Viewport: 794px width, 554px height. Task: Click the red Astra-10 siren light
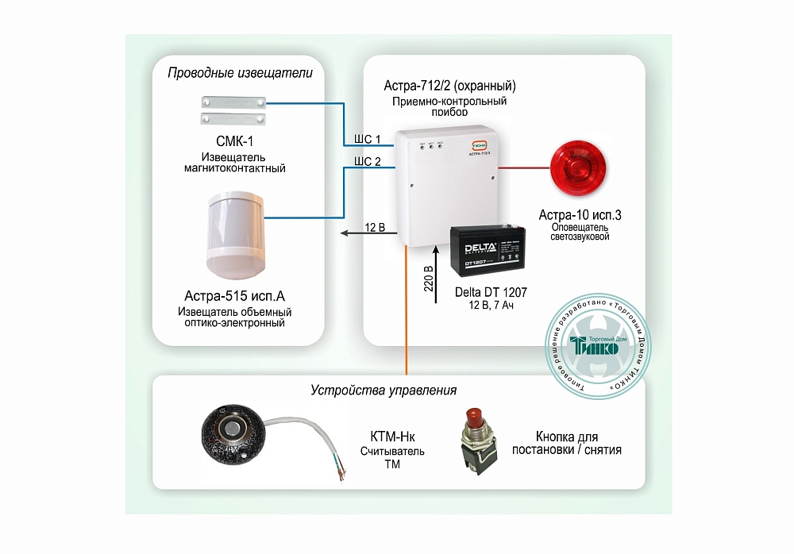(579, 168)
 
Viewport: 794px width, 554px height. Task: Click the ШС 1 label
(367, 140)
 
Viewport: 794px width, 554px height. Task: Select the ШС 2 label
(367, 162)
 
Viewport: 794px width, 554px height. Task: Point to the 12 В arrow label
(375, 228)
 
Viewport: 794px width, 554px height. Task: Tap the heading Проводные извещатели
(240, 73)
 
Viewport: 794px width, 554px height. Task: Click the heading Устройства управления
(384, 390)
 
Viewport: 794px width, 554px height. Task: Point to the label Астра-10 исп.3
(580, 215)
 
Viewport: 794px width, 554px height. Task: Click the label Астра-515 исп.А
(234, 297)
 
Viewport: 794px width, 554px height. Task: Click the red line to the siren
(524, 168)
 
